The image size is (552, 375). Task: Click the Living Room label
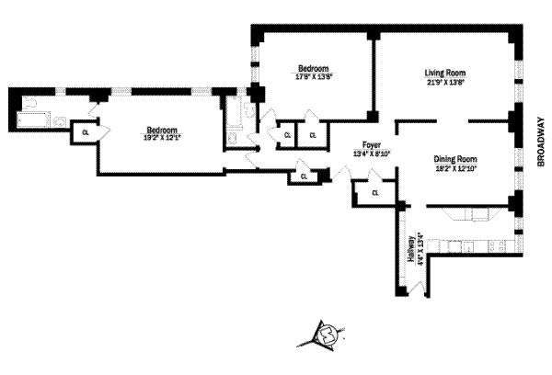tap(444, 73)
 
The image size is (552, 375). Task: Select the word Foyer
tap(372, 145)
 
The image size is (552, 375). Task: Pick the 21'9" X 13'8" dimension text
tap(444, 83)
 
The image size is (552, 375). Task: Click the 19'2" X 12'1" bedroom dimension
tap(161, 138)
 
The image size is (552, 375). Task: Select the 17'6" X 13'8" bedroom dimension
tap(314, 77)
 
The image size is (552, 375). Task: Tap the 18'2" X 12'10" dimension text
tap(456, 169)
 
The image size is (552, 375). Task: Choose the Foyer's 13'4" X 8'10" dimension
tap(372, 153)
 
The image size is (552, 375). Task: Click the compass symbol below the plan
tap(326, 336)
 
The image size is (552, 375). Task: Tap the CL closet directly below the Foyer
tap(375, 193)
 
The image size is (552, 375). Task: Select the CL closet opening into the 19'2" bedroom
tap(86, 132)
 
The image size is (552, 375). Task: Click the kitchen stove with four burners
tap(496, 246)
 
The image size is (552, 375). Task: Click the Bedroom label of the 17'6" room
tap(314, 68)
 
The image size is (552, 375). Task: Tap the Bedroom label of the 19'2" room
tap(161, 129)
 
